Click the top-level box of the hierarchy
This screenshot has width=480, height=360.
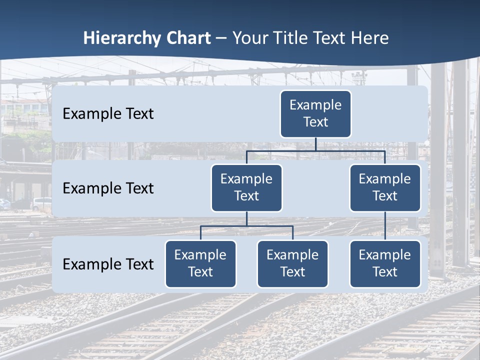(315, 113)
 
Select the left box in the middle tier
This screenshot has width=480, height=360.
(246, 187)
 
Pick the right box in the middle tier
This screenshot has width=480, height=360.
(385, 187)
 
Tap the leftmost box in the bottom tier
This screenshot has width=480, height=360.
(200, 263)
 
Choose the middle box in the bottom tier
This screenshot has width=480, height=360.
(292, 263)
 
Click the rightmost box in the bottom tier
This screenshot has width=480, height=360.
(385, 263)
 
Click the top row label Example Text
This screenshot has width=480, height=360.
(108, 113)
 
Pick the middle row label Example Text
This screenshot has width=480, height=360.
(108, 188)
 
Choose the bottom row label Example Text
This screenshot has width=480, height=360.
(108, 264)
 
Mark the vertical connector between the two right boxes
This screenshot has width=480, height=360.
(385, 226)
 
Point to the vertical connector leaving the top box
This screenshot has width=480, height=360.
(315, 144)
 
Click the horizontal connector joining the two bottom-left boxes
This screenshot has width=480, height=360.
(246, 226)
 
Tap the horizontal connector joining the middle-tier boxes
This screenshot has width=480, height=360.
(315, 150)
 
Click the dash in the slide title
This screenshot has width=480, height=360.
(221, 38)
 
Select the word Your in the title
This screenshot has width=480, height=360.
(248, 38)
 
